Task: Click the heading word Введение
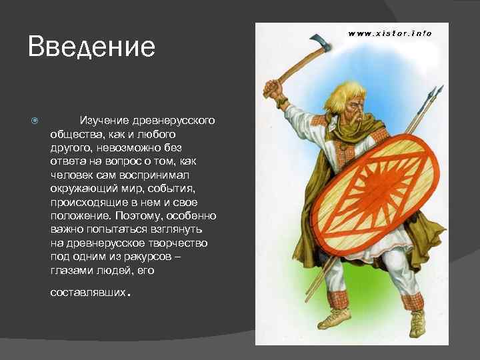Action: [91, 47]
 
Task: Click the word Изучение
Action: [106, 120]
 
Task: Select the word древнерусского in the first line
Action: [175, 120]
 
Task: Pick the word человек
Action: [72, 176]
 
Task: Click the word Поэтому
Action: [142, 216]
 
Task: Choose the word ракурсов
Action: [155, 255]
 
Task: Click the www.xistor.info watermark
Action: [390, 33]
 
